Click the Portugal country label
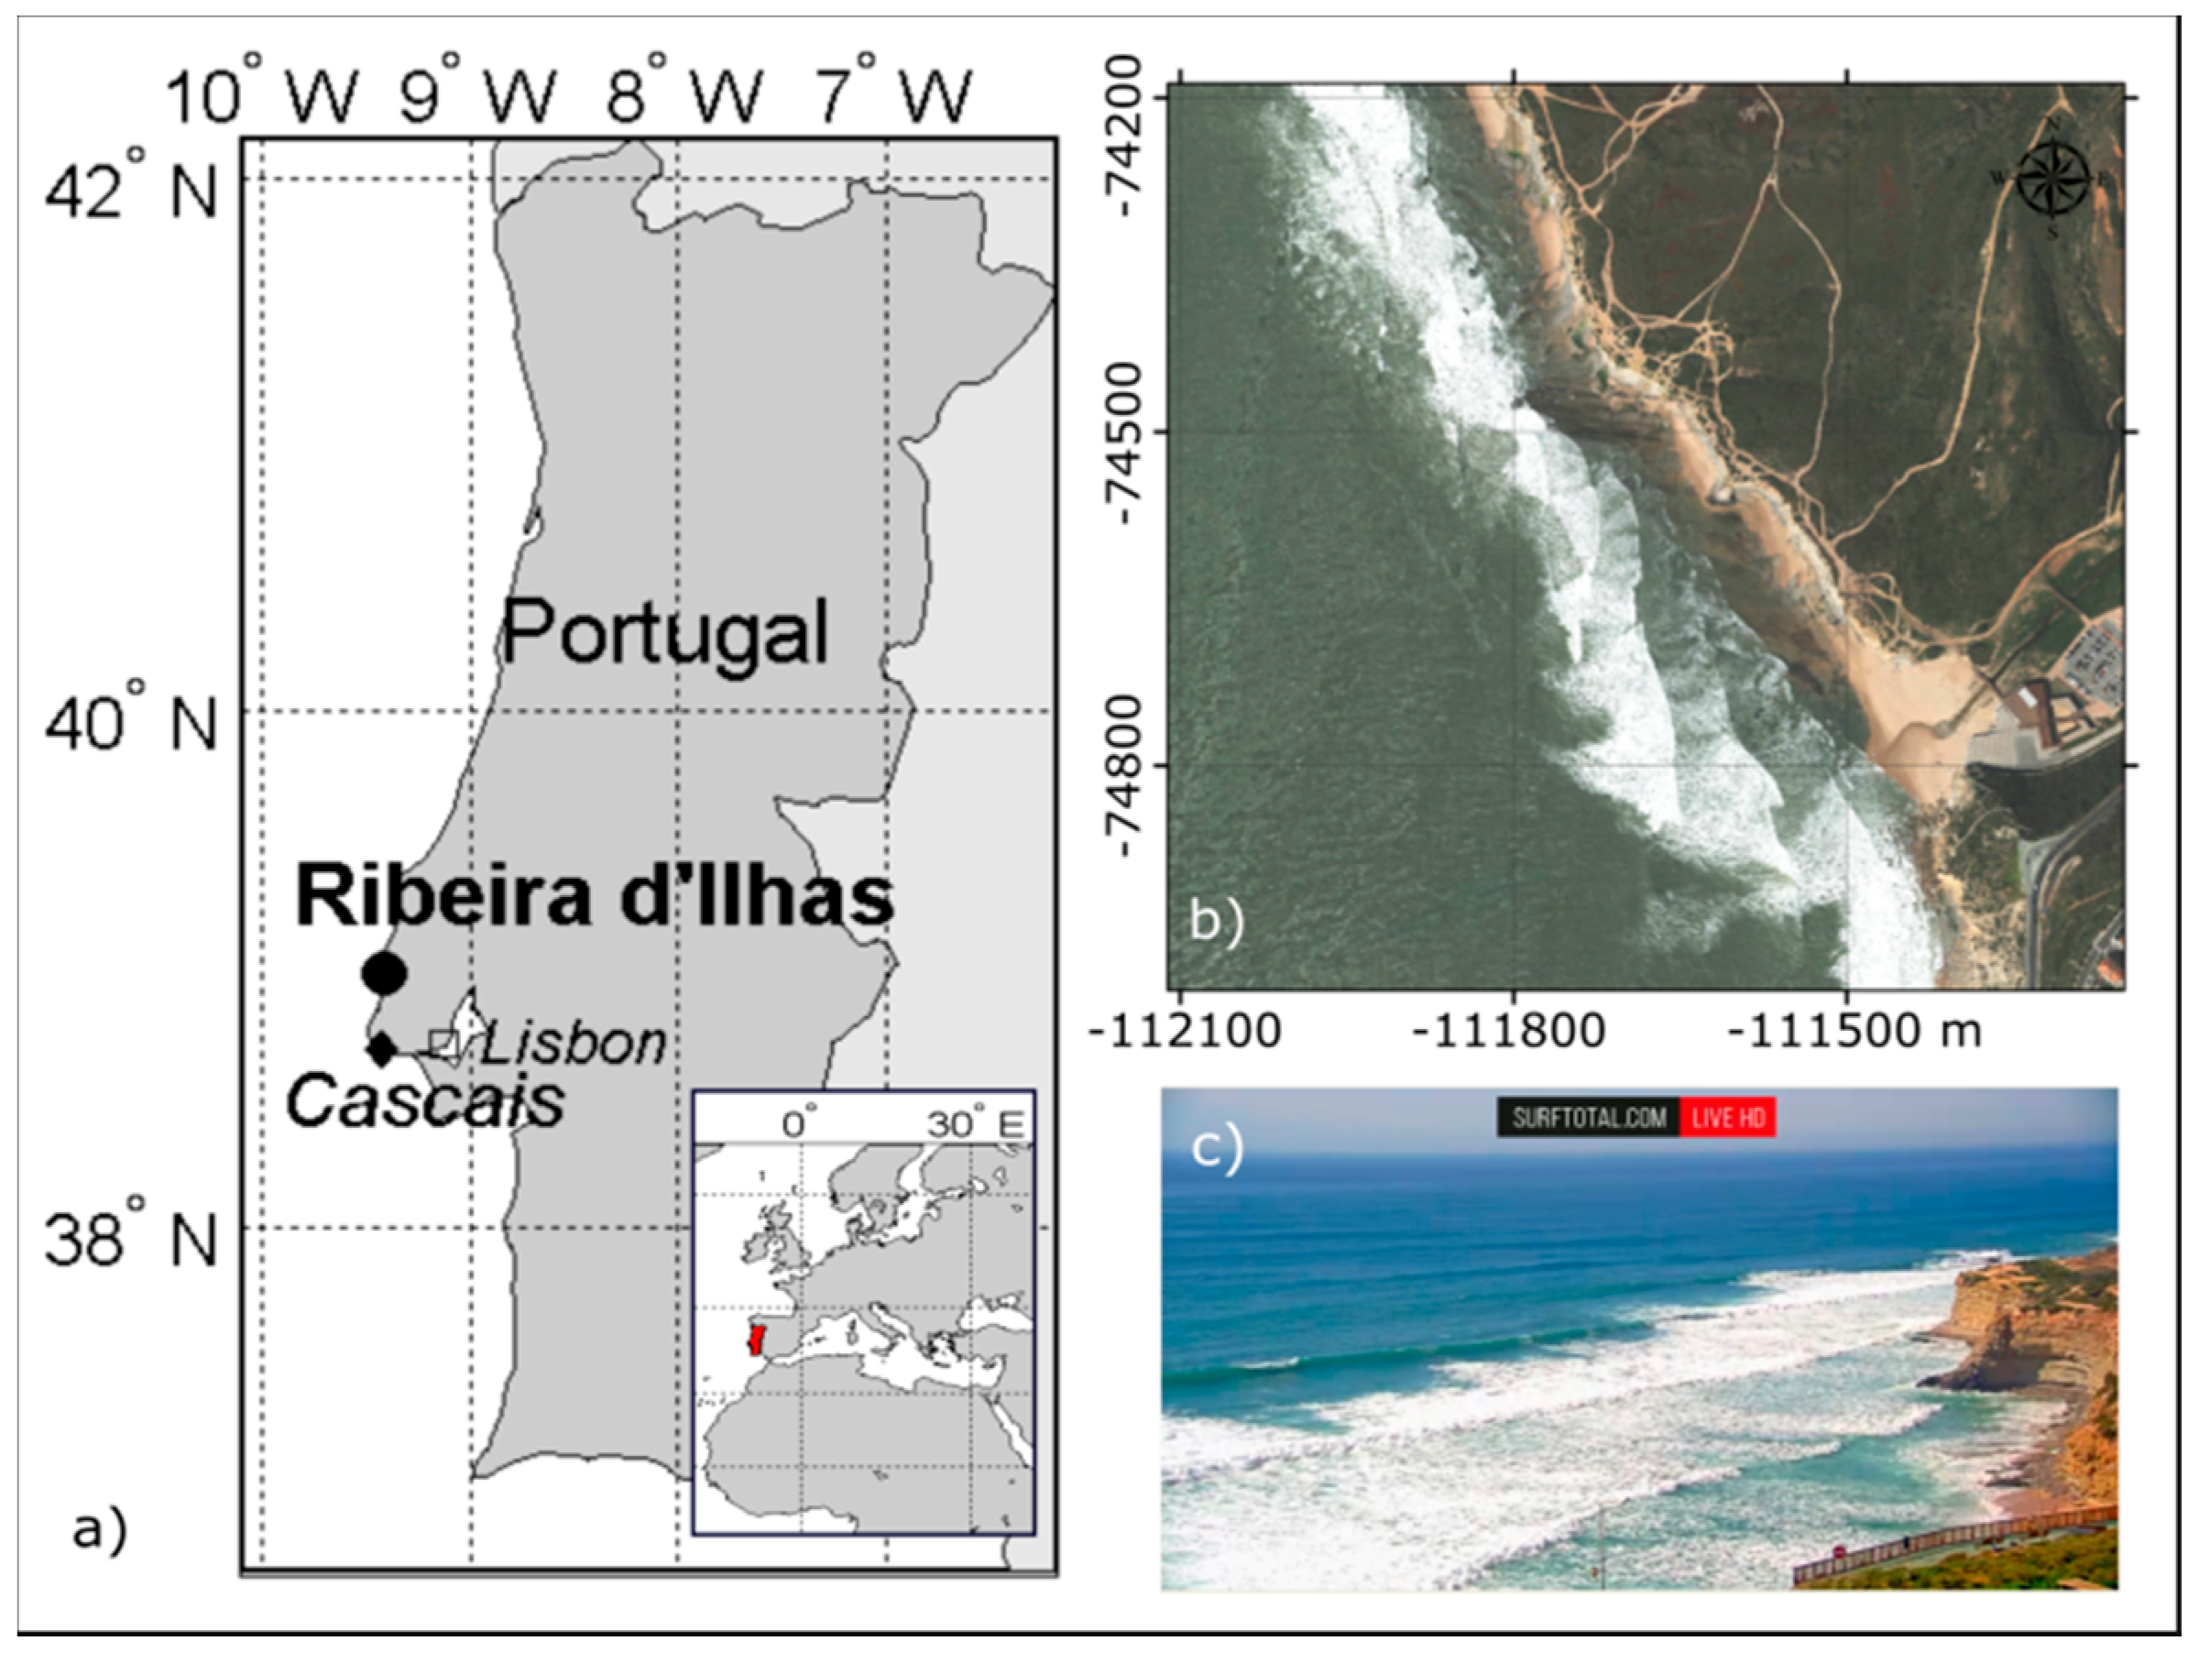click(664, 633)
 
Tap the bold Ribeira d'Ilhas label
click(595, 897)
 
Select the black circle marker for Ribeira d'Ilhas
click(385, 973)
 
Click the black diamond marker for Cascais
click(382, 1049)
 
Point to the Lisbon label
click(574, 1044)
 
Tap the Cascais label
click(425, 1101)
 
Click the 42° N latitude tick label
click(130, 184)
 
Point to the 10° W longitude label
click(261, 92)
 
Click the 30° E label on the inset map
click(975, 1124)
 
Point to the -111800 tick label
click(1508, 1031)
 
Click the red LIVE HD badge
click(1727, 1117)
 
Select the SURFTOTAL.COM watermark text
click(1589, 1117)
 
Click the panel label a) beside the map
click(99, 1530)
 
